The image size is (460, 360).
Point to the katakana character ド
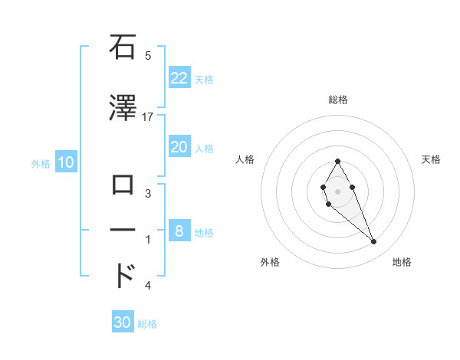pos(124,275)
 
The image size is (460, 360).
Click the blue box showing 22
pos(179,78)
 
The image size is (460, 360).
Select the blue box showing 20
pos(179,147)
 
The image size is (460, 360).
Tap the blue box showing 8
pos(179,231)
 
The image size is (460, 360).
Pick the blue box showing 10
pos(65,162)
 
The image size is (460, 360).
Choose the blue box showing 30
pos(123,322)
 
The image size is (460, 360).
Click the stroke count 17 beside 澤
pos(148,116)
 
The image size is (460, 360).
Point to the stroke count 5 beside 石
pos(148,55)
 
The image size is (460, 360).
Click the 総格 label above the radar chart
pos(337,100)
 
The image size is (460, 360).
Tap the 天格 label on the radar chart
pos(431,159)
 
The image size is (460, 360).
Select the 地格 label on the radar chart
pos(402,262)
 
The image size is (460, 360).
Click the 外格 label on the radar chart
pos(270,262)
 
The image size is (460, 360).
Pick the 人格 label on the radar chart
pos(245,159)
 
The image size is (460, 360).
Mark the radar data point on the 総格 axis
pos(337,161)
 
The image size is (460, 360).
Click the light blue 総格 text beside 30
pos(147,324)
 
